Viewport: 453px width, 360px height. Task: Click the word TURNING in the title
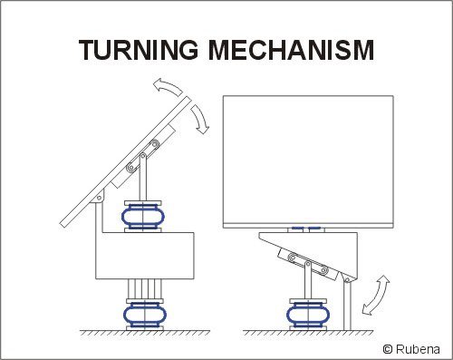(x=139, y=50)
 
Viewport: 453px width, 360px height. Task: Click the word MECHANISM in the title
(x=292, y=50)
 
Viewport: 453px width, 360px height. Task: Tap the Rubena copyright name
(x=418, y=349)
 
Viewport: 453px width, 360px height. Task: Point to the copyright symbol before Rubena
(x=388, y=349)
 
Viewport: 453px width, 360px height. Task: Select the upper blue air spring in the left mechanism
(x=143, y=217)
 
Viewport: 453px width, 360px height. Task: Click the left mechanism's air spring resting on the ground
(x=145, y=316)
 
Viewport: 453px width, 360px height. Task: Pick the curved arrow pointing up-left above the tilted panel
(x=167, y=86)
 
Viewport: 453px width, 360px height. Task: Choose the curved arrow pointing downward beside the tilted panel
(x=200, y=119)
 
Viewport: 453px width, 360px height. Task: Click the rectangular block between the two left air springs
(x=145, y=256)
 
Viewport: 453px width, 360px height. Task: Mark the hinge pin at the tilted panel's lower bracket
(x=99, y=198)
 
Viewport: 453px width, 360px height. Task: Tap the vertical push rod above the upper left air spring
(x=143, y=178)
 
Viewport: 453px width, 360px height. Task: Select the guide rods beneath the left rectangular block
(x=145, y=289)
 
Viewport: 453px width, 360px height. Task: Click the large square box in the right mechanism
(x=308, y=161)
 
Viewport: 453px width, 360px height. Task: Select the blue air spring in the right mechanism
(x=308, y=316)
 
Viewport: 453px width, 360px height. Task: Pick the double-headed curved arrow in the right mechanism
(x=376, y=295)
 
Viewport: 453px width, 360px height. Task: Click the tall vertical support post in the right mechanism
(x=347, y=305)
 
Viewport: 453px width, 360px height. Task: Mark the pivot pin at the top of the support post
(x=347, y=280)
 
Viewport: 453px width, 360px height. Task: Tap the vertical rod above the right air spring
(x=308, y=280)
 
